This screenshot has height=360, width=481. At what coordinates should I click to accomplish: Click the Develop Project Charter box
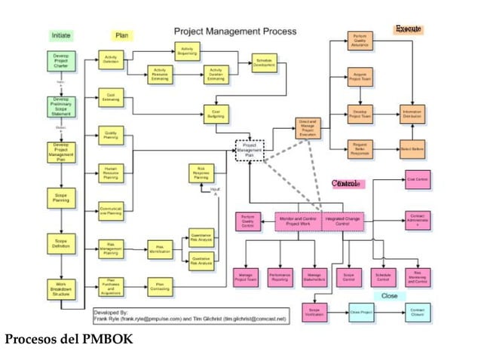point(61,61)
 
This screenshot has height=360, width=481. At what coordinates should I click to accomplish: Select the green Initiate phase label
point(61,35)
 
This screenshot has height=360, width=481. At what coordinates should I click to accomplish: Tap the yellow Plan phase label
point(121,35)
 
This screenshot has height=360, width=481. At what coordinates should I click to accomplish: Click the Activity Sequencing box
point(187,51)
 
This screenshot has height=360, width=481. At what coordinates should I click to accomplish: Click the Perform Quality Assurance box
point(360,41)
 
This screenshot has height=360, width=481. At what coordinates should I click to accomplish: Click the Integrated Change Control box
point(342,221)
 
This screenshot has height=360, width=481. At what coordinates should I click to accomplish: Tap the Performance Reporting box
point(280,277)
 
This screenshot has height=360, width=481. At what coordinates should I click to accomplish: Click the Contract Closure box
point(417,310)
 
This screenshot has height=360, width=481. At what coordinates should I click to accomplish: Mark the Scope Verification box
point(315,310)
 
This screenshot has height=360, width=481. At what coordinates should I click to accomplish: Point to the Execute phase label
point(408,29)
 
